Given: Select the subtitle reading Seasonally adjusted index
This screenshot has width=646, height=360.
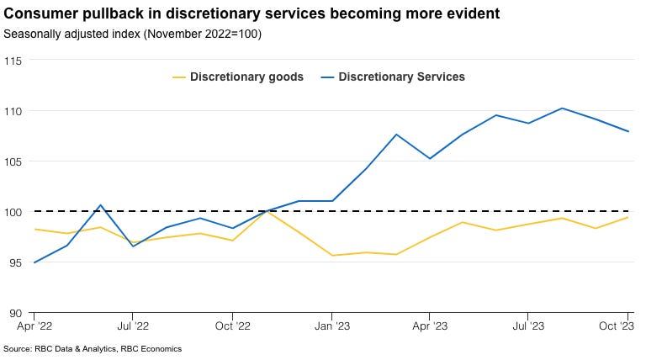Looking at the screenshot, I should click(133, 34).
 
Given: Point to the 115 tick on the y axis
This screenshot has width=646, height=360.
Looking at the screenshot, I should click(13, 61).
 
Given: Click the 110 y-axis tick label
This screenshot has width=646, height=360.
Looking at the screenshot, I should click(13, 111).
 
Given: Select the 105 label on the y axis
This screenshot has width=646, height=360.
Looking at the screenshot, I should click(13, 161).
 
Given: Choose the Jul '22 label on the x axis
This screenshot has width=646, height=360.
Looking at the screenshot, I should click(133, 325).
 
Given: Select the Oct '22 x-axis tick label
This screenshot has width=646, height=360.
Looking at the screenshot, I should click(232, 325).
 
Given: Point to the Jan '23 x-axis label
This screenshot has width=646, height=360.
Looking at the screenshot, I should click(331, 325).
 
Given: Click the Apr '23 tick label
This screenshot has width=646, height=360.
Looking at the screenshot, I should click(430, 325).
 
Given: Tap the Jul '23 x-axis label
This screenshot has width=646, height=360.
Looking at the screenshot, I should click(528, 325).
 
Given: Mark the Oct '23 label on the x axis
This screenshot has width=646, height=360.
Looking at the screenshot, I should click(625, 325).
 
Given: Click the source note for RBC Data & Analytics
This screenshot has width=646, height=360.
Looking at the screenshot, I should click(93, 348).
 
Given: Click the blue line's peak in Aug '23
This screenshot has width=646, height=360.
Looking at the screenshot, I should click(562, 108).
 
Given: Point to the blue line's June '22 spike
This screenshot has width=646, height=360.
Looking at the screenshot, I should click(100, 205).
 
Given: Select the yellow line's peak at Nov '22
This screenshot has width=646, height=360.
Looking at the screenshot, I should click(266, 210).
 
